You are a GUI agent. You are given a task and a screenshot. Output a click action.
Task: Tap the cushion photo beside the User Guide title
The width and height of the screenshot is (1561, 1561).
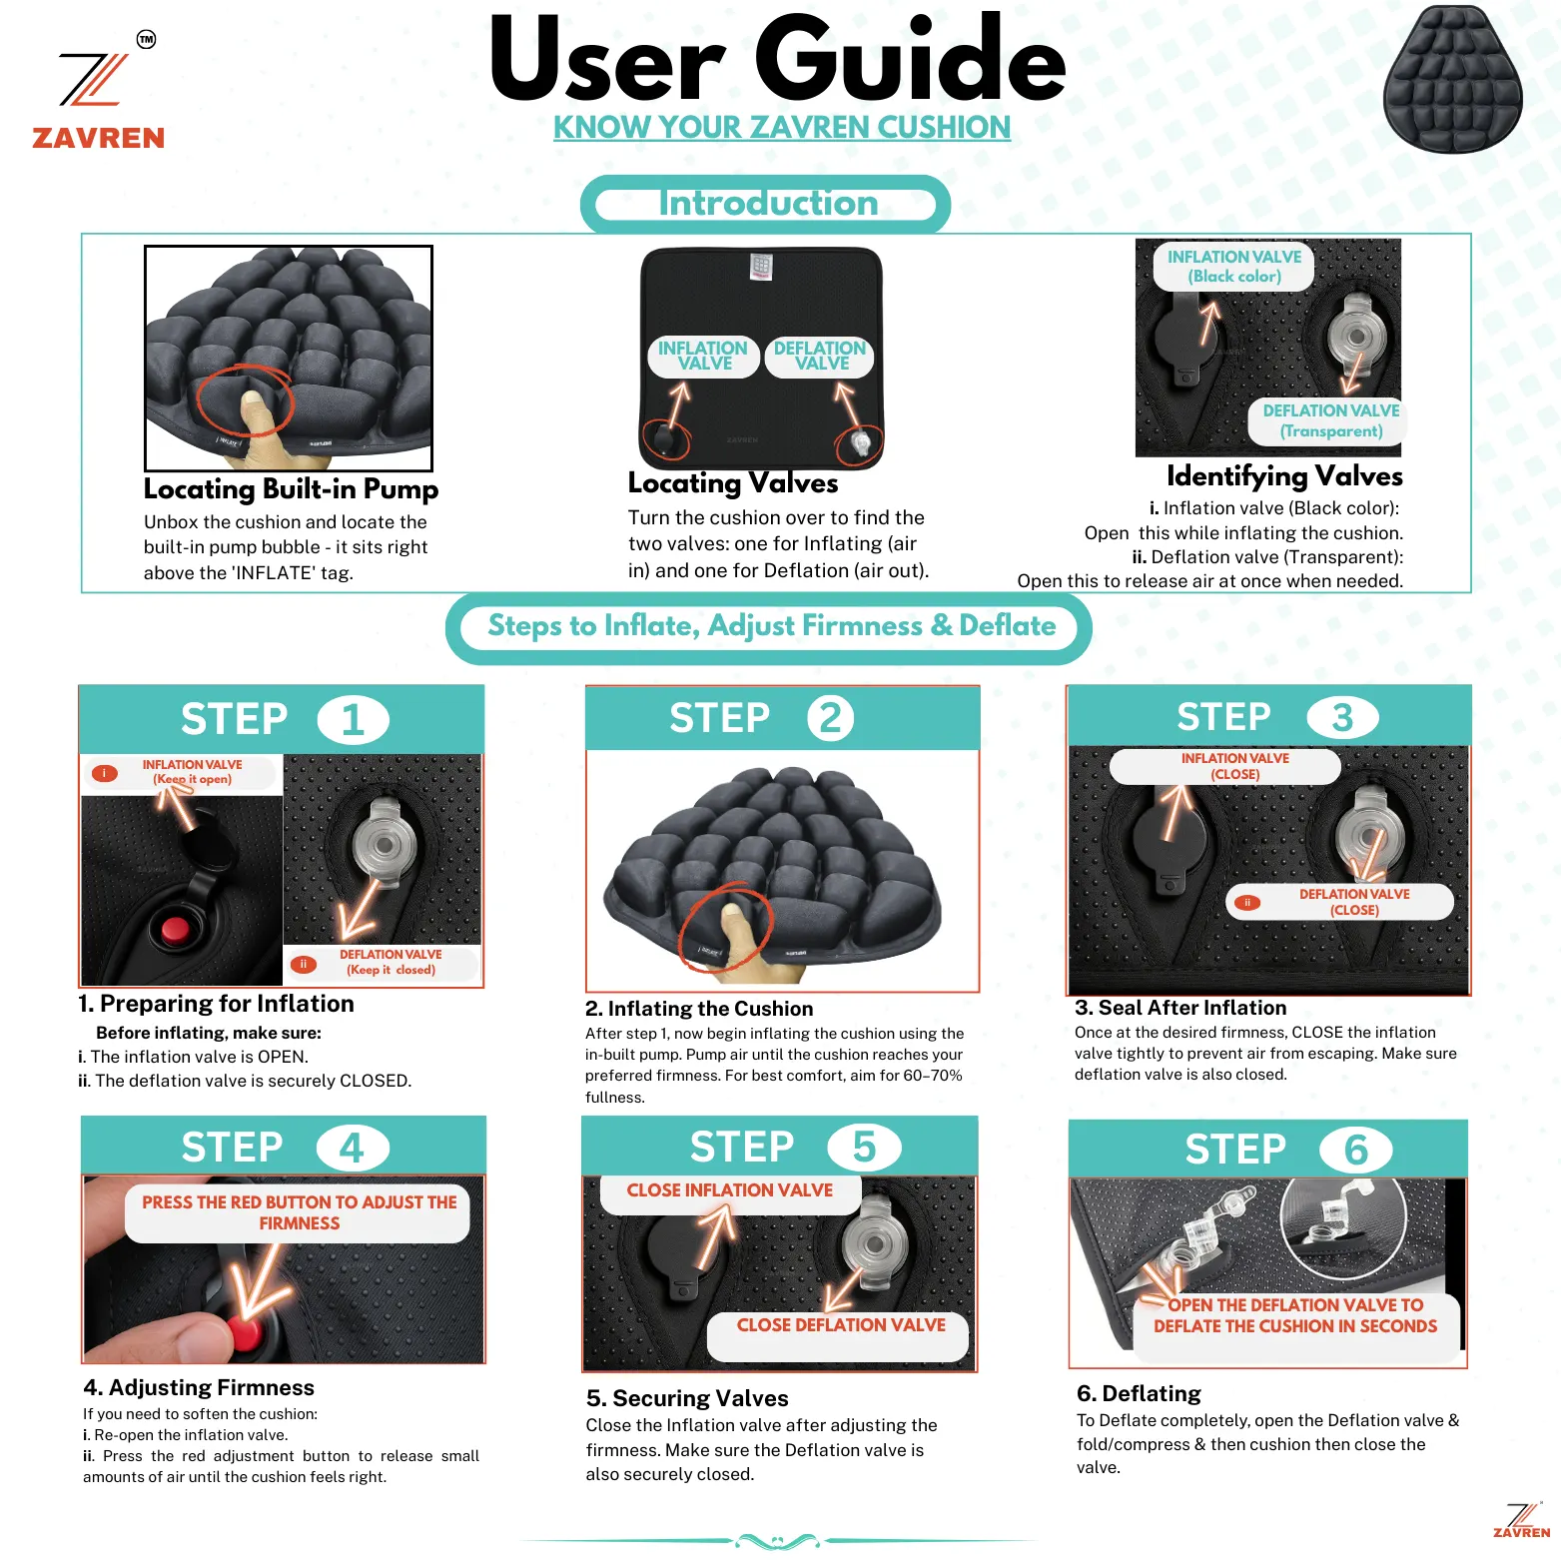coord(1453,79)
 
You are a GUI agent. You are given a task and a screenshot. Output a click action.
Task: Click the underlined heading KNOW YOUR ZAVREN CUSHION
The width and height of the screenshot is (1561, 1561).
coord(782,128)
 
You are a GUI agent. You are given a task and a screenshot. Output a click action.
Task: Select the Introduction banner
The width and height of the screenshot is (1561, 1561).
coord(766,205)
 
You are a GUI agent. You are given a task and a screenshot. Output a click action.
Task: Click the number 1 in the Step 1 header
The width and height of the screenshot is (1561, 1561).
coord(353,720)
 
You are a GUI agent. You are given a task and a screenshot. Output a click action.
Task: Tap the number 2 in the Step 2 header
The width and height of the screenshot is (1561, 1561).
coord(831,718)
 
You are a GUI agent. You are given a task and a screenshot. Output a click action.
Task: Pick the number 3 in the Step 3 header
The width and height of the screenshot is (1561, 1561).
coord(1343,717)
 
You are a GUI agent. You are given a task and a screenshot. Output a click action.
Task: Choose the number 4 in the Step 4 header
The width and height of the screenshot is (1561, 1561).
coord(352,1149)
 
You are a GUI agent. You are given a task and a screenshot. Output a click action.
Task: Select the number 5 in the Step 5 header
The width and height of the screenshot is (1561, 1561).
coord(864,1148)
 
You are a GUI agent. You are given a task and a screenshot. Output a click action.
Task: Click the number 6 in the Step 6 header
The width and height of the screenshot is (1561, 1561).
coord(1356,1151)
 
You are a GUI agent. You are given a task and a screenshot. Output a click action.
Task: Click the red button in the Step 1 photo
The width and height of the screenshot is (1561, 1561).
coord(176,929)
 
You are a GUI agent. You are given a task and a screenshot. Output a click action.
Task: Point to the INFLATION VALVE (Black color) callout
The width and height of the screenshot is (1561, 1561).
coord(1234,267)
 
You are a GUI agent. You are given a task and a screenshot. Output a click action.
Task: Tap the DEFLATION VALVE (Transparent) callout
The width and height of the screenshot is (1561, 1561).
coord(1329,421)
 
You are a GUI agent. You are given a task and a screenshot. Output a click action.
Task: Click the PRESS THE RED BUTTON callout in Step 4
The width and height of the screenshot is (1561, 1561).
coord(299,1212)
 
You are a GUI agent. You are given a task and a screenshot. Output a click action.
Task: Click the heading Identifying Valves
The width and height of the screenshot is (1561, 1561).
coord(1284,476)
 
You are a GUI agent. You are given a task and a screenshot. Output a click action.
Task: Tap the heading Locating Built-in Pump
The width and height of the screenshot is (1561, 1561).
coord(291,489)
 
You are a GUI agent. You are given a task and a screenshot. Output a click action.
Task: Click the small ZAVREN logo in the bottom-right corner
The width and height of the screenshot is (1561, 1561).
coord(1522,1520)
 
